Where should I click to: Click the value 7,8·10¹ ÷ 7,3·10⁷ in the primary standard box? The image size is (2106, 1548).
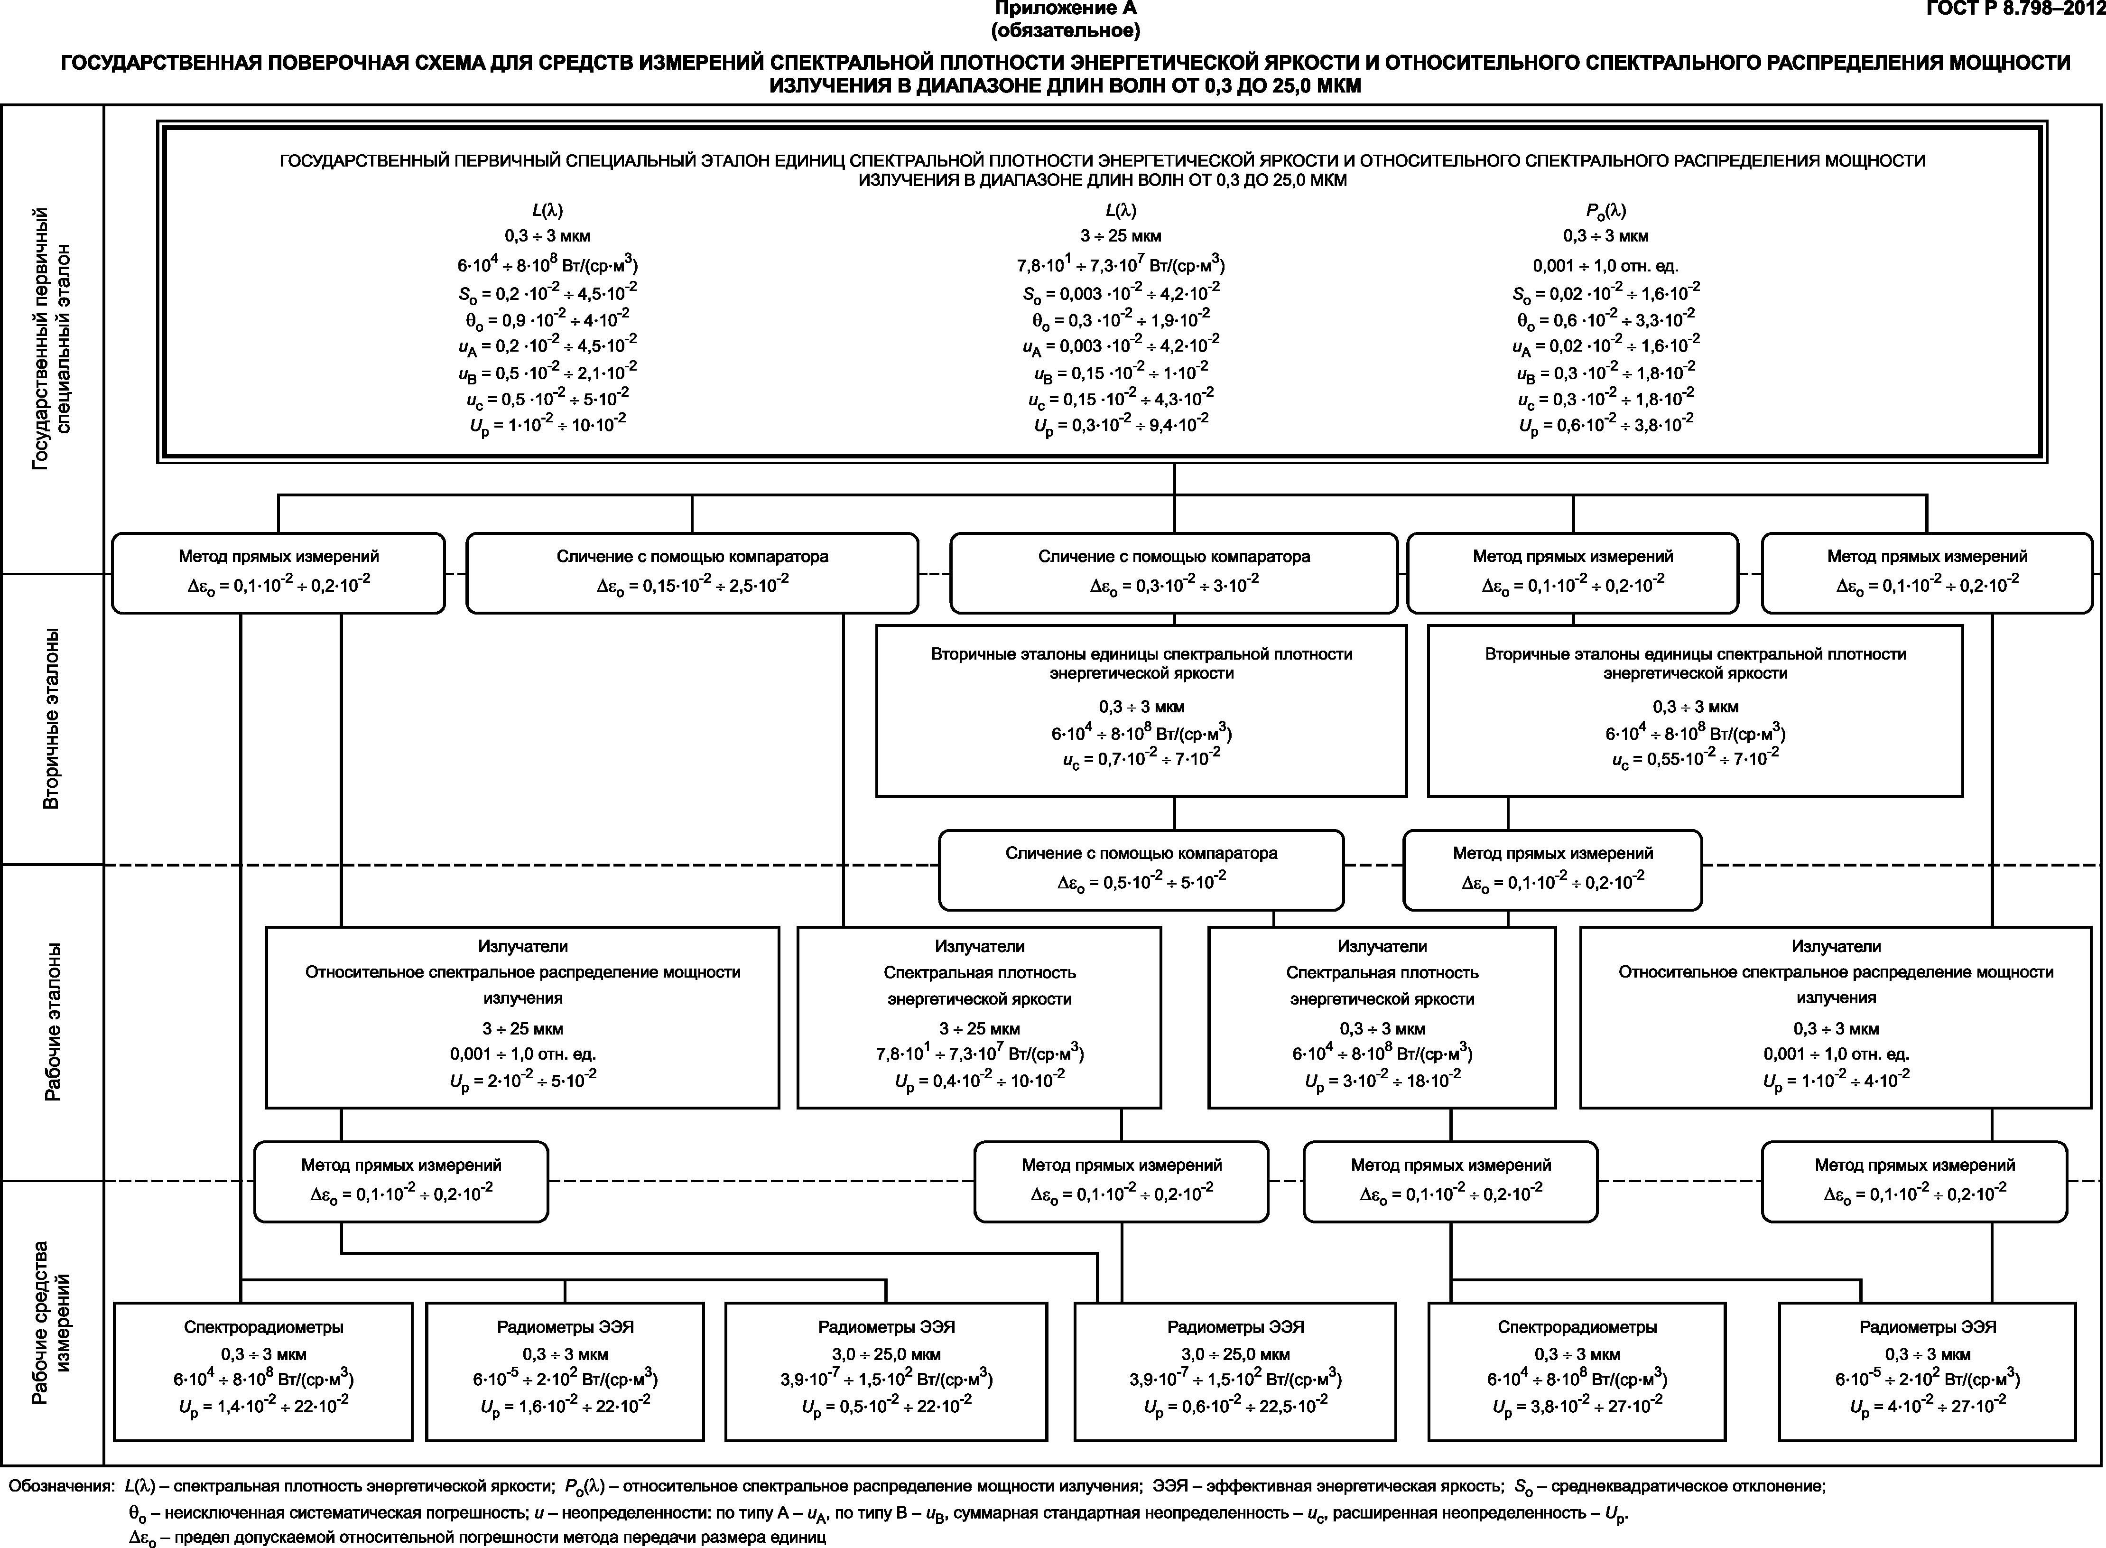tap(1121, 264)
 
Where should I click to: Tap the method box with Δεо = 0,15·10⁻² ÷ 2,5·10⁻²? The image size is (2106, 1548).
tap(692, 572)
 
